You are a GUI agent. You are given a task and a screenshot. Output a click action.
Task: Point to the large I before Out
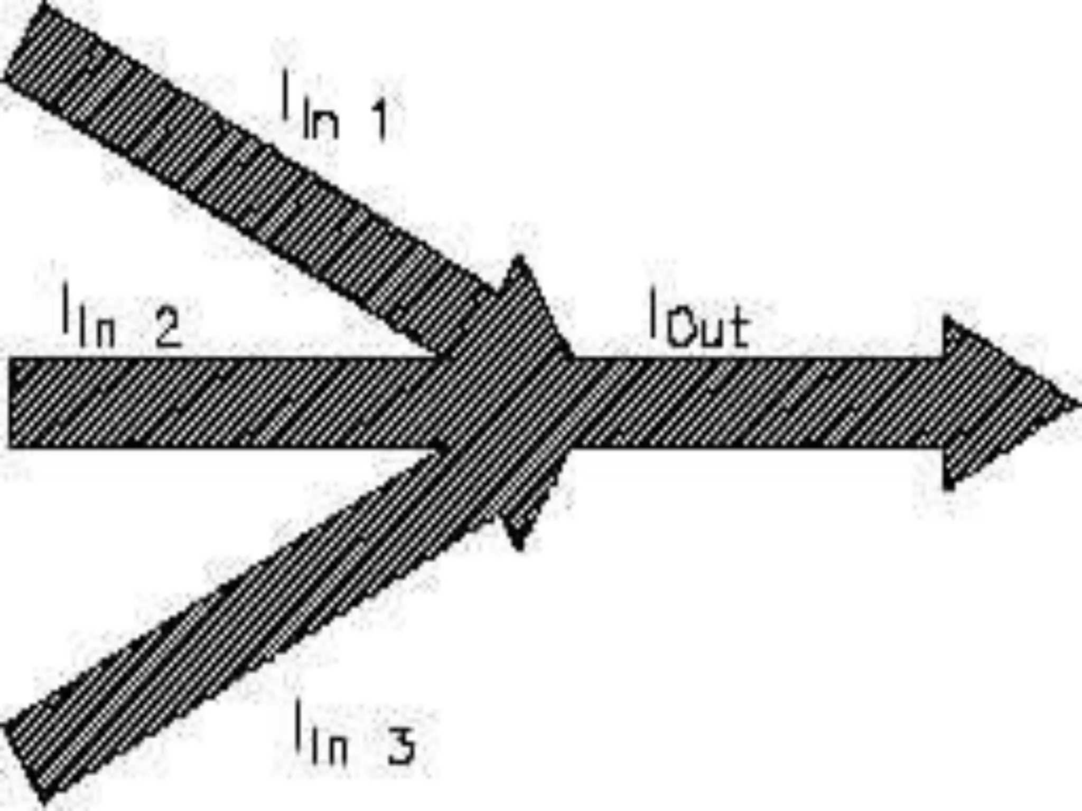pos(654,315)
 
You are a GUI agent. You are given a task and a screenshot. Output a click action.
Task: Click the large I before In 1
pos(286,95)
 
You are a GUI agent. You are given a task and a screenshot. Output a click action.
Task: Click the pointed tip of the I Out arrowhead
pos(1072,404)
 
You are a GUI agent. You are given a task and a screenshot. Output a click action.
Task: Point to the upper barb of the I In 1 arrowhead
pos(519,262)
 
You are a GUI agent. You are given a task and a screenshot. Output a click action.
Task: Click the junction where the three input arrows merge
pos(502,404)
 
